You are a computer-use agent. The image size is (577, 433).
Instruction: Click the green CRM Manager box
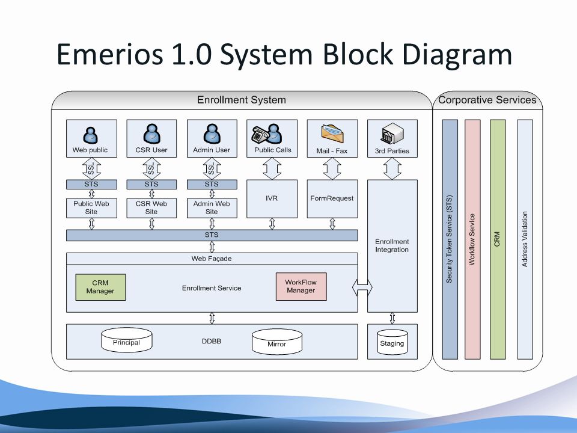coord(100,287)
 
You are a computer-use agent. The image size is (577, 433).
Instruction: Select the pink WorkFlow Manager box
coord(301,286)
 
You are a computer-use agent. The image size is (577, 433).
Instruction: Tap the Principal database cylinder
coord(127,340)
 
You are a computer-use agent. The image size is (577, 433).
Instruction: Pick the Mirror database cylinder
coord(276,342)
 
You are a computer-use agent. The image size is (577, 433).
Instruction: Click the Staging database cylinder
coord(392,342)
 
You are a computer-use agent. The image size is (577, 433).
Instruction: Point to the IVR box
coord(272,199)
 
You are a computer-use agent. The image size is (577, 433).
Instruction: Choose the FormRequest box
coord(332,199)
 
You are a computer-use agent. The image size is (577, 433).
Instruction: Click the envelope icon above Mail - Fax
coord(332,134)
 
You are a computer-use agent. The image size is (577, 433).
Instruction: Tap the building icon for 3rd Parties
coord(392,134)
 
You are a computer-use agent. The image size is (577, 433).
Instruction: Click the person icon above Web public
coord(91,135)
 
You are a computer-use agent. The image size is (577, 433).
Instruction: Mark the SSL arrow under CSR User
coord(151,168)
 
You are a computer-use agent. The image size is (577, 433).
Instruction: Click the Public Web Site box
coord(91,208)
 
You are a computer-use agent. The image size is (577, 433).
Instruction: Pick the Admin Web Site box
coord(212,208)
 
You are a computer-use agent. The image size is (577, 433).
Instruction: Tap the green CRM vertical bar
coord(498,239)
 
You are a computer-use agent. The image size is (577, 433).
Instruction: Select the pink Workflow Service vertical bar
coord(472,239)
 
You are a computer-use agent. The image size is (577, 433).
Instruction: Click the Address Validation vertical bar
coord(525,239)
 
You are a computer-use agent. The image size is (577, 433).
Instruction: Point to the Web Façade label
coord(212,259)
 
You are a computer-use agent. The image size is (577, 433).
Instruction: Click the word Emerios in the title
coord(109,54)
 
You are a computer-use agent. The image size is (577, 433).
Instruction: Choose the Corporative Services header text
coord(487,100)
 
